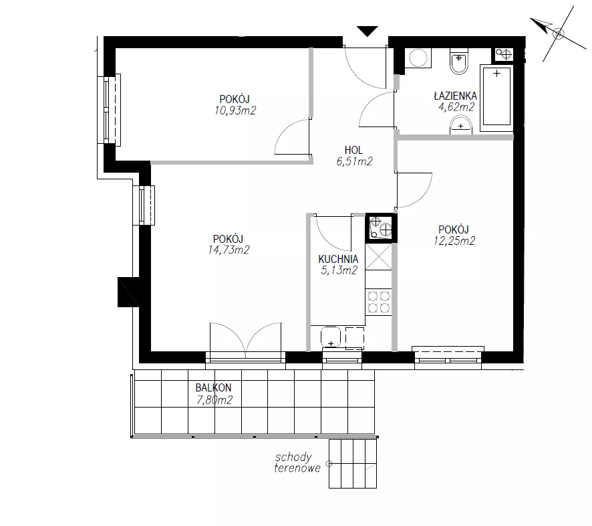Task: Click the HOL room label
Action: tap(353, 150)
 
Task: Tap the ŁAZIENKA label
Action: tap(455, 96)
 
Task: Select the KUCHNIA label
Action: tap(338, 259)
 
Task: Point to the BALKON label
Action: tap(213, 387)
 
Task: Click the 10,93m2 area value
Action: tap(235, 110)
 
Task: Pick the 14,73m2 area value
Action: tap(229, 250)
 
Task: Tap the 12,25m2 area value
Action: tap(454, 241)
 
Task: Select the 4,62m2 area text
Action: tap(456, 107)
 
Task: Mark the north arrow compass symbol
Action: tap(559, 33)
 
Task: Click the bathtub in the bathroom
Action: tap(496, 98)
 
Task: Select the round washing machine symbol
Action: tap(418, 58)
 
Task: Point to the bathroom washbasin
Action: tap(460, 125)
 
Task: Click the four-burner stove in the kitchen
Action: tap(379, 301)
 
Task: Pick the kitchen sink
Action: tap(331, 337)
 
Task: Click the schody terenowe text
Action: tap(297, 462)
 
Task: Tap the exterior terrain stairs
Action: tap(353, 464)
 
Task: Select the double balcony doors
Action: tap(245, 339)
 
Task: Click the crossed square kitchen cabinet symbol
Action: tap(379, 257)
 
